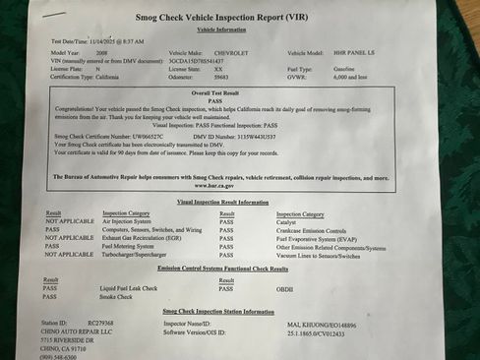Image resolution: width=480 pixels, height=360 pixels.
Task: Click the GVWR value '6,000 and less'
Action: click(x=350, y=76)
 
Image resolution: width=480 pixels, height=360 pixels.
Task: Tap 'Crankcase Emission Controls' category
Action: click(x=314, y=229)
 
